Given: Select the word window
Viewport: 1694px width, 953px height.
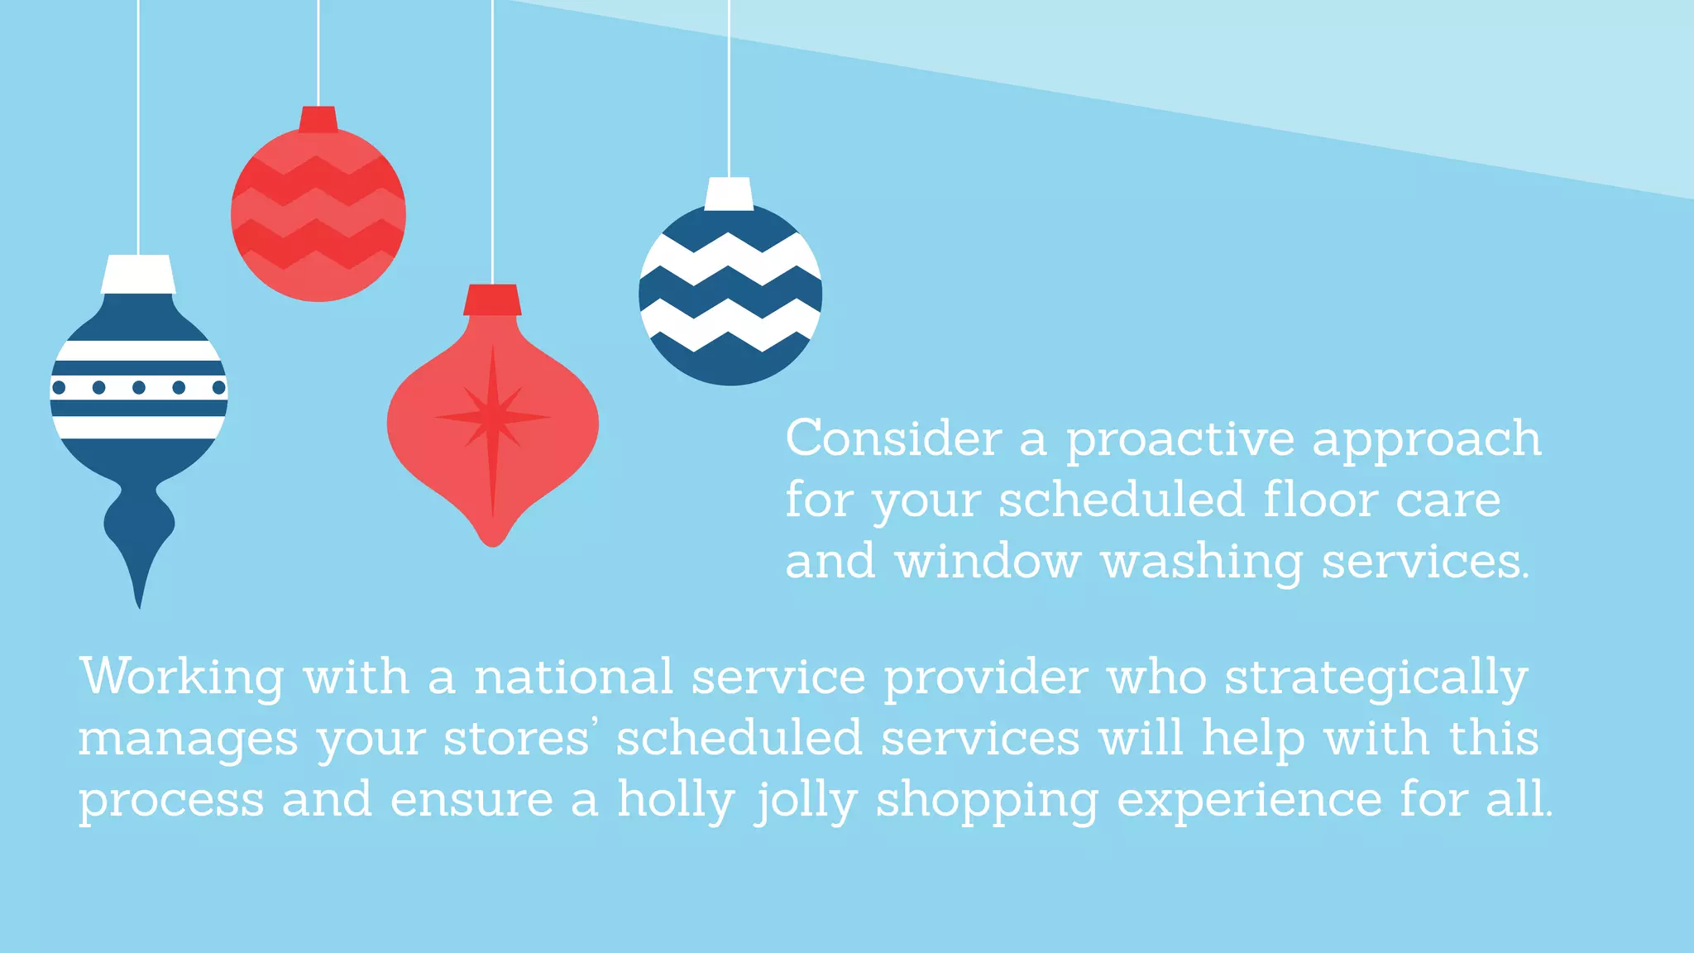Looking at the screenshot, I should click(x=988, y=562).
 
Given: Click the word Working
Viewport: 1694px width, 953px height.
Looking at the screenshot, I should click(x=182, y=678).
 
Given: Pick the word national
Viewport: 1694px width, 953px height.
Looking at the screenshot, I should click(x=573, y=677).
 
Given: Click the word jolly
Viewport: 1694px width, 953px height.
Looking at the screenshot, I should click(x=806, y=801).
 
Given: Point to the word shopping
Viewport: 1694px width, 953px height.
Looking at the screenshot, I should click(x=987, y=801).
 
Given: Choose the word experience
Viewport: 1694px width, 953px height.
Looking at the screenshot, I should click(x=1249, y=801).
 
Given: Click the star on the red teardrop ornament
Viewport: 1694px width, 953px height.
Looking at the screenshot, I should click(x=493, y=418).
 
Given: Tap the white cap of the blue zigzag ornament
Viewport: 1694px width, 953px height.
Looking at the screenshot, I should click(x=729, y=194).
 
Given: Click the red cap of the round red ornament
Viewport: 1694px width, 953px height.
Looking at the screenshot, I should click(x=318, y=119).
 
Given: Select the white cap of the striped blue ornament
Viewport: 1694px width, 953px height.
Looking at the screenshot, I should click(x=138, y=274).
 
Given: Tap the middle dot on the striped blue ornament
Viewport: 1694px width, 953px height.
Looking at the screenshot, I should click(x=139, y=387).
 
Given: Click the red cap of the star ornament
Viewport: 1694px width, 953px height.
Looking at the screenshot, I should click(x=492, y=299).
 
